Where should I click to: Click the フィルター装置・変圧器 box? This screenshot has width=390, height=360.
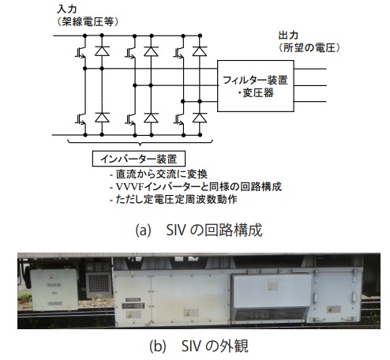256,86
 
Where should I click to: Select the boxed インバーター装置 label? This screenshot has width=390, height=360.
139,159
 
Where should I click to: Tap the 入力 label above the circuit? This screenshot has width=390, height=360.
67,9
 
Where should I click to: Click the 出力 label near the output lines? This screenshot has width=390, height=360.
288,36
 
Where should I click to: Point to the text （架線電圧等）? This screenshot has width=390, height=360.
88,22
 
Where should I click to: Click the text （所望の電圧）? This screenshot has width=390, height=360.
309,48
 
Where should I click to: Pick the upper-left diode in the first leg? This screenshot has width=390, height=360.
102,51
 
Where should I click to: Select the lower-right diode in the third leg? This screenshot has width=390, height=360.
200,118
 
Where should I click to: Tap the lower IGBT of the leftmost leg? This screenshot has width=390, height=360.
81,119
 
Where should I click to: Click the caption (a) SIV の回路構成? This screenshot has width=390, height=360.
199,231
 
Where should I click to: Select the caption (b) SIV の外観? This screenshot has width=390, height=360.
199,346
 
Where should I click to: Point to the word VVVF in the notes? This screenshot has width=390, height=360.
129,187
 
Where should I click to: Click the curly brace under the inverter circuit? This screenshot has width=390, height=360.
140,142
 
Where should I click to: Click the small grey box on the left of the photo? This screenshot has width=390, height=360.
54,290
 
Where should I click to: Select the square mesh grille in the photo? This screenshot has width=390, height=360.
99,284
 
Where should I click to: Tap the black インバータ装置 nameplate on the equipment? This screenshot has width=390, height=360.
133,306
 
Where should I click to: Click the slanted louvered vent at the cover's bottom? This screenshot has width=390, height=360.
269,313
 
